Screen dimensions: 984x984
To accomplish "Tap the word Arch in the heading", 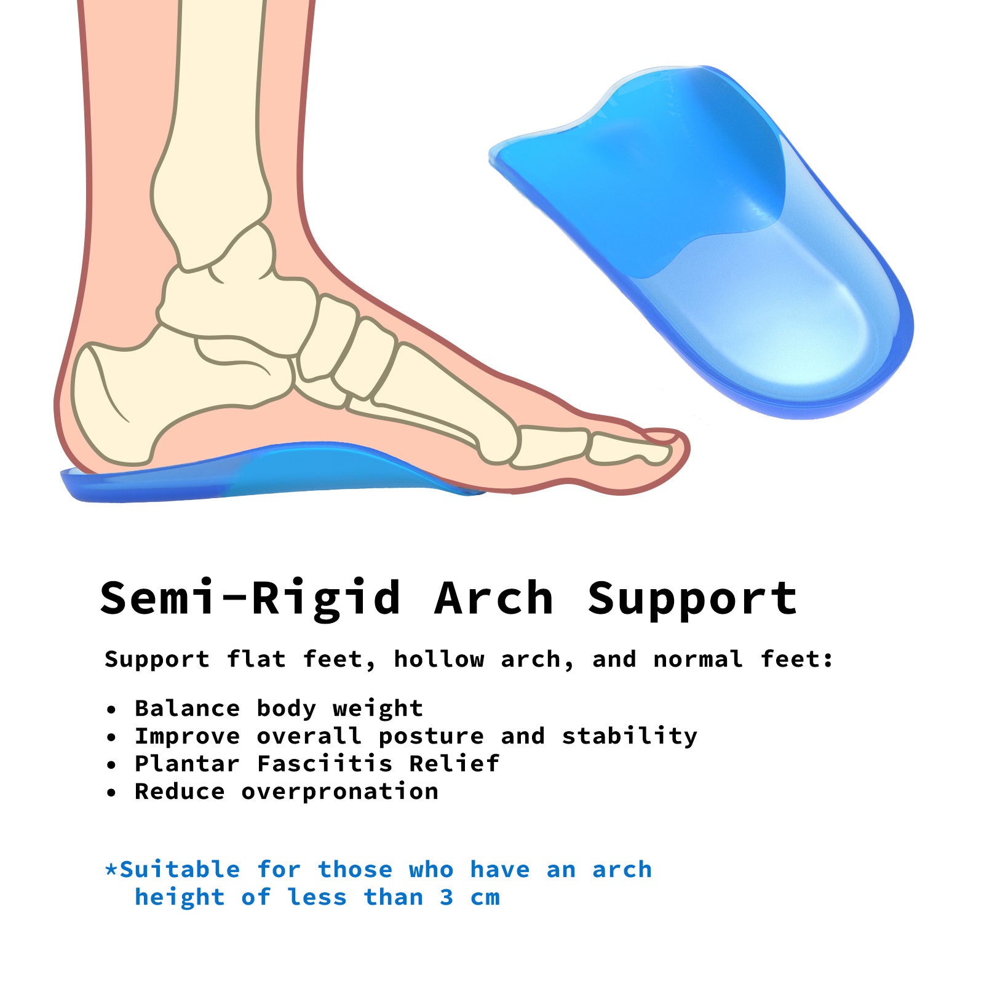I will coord(494,598).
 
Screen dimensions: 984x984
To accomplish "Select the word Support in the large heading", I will coord(692,598).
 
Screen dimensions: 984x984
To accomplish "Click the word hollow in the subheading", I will coord(439,659).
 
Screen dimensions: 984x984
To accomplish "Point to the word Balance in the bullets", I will coord(187,708).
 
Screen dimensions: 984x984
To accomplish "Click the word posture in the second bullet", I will coord(431,736).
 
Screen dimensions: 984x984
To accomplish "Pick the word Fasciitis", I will coord(325,764).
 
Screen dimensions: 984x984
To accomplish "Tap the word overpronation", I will coord(339,792).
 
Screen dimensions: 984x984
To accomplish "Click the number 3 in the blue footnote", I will coord(447,897).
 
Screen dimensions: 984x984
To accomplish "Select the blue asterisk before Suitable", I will coord(111,870).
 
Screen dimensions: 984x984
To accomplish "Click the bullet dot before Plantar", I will coord(111,764).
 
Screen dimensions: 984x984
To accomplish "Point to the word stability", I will coord(630,736).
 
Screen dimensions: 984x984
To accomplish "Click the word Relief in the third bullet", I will coord(454,764).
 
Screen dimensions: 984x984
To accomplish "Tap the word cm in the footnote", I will coord(485,897).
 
